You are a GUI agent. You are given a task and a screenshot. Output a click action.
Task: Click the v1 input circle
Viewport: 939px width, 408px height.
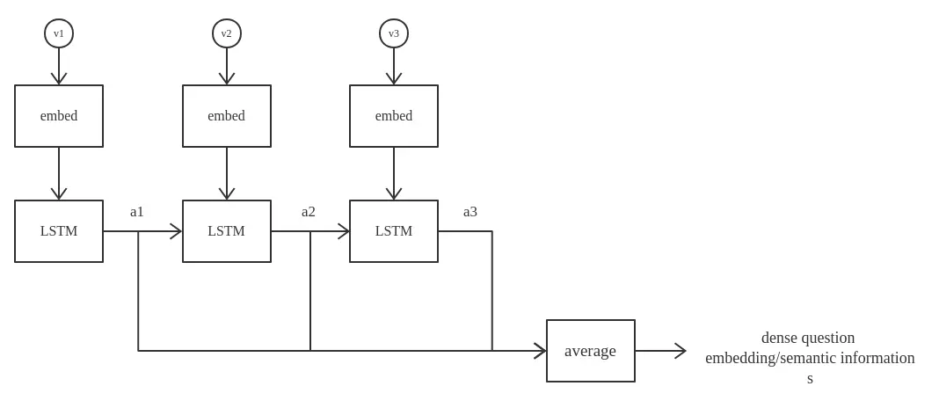[59, 33]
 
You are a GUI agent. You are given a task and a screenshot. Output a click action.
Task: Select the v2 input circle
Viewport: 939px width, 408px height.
[227, 33]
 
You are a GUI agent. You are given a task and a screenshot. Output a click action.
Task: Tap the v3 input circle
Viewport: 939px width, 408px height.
[394, 33]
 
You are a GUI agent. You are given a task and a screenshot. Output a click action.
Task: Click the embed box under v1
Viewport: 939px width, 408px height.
[59, 116]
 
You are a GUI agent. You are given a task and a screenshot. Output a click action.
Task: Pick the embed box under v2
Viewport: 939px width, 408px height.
[227, 116]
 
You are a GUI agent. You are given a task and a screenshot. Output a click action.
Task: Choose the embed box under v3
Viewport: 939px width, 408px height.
[394, 116]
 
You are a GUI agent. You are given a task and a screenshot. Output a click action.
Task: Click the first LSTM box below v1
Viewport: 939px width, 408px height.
[59, 231]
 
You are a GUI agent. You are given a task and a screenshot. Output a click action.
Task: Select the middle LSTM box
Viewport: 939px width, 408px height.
[227, 231]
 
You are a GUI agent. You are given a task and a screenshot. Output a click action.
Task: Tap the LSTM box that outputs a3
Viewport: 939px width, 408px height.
[394, 231]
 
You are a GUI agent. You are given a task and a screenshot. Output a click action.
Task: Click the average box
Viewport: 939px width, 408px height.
[591, 351]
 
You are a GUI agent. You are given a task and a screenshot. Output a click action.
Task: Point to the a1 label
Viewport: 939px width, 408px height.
[137, 211]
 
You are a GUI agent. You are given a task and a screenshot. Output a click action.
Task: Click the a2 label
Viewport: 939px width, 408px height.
[309, 211]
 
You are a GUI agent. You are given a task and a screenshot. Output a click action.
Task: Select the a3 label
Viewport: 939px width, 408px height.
[470, 211]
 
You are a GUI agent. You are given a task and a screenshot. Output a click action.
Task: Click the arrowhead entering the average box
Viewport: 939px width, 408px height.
[541, 351]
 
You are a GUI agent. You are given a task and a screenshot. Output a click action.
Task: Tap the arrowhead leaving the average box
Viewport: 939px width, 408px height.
[681, 351]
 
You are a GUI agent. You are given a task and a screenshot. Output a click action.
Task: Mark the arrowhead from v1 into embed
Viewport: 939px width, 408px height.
[59, 79]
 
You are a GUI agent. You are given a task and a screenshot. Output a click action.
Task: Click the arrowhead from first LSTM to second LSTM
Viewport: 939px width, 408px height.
[176, 231]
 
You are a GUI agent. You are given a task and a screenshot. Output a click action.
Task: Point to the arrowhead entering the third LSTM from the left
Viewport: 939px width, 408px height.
[344, 231]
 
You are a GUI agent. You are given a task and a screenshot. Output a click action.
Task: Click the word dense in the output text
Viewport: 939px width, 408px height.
[779, 338]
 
